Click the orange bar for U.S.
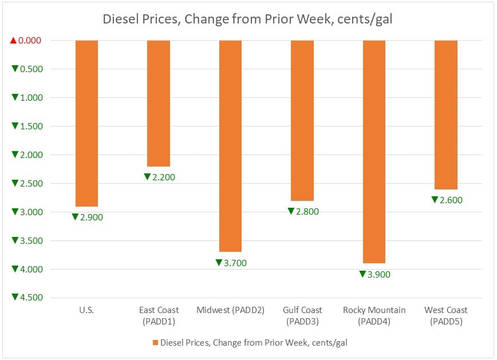[x=86, y=123]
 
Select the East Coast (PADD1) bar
[x=159, y=103]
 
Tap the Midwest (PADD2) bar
[x=230, y=146]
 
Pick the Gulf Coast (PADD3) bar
[x=302, y=120]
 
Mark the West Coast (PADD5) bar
[x=446, y=114]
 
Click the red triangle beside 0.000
[x=14, y=41]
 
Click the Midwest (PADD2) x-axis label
[x=230, y=310]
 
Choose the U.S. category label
[x=86, y=310]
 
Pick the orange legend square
[x=155, y=343]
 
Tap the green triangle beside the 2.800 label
[x=291, y=212]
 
